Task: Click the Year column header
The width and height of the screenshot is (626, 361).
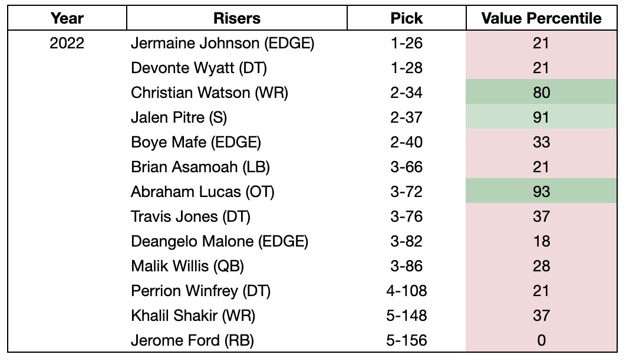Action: (67, 18)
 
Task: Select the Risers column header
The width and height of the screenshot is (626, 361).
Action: (237, 18)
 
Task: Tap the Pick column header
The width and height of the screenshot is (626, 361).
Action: (406, 18)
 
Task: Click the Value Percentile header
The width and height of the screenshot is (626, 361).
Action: (541, 18)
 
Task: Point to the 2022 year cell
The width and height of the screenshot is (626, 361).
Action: (67, 43)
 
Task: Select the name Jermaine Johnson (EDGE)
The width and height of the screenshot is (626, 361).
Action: (223, 43)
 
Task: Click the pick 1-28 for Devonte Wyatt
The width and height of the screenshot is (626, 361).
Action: (406, 68)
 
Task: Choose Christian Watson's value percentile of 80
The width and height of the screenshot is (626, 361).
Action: (541, 93)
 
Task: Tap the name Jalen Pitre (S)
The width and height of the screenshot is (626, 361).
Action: (179, 117)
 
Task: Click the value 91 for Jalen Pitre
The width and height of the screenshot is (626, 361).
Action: (541, 117)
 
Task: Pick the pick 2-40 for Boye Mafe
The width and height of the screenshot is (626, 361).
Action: (406, 142)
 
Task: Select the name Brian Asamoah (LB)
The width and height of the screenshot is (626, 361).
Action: (200, 167)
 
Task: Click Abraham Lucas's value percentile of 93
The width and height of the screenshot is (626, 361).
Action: (541, 192)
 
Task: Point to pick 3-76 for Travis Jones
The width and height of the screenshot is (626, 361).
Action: (406, 216)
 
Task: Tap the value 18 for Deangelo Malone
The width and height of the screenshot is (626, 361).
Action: (541, 241)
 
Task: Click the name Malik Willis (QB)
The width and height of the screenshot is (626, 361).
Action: (187, 266)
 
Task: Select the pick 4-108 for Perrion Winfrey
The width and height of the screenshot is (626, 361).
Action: (406, 291)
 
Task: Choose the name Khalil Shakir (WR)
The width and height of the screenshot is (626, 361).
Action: (193, 316)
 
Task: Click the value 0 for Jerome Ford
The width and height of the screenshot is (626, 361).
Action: (541, 340)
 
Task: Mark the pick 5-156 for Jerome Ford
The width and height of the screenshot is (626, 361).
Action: (406, 340)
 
